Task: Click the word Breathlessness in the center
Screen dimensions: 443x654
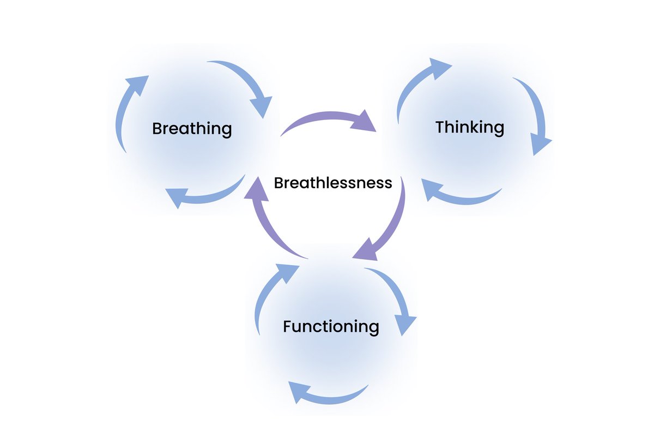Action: (332, 182)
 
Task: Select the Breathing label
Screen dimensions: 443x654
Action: (192, 129)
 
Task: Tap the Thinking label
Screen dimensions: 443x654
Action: (469, 127)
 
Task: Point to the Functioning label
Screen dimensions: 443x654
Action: (331, 327)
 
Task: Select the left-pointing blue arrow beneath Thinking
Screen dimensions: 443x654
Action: (461, 194)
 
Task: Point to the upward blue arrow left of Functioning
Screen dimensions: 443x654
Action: (270, 295)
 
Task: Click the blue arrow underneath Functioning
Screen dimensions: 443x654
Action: (327, 394)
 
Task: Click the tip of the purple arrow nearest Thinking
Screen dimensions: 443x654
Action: (375, 130)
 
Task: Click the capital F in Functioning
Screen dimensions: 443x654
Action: (287, 327)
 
